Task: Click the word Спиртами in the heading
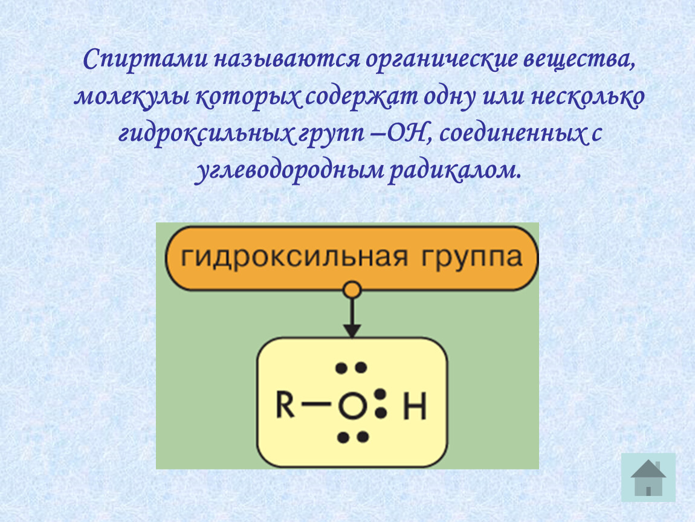point(145,60)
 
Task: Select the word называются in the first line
point(287,60)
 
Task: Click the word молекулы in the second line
point(132,97)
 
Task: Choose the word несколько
point(588,97)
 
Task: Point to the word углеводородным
point(289,171)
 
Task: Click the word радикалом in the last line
point(455,170)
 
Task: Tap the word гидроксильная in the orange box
point(294,257)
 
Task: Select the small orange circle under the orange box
point(352,290)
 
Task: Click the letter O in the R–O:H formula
point(353,406)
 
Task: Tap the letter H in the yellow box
point(415,406)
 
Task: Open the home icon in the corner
point(648,477)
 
